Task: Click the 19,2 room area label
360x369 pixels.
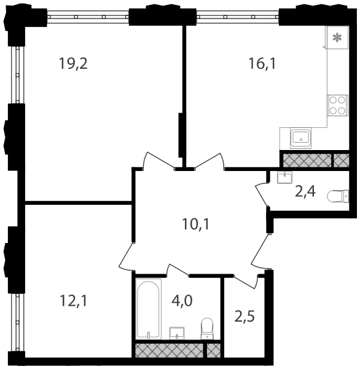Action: coord(73,63)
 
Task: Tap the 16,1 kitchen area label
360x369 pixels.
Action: coord(262,63)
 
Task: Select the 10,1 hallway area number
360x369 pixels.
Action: coord(195,224)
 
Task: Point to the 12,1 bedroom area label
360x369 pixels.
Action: coord(73,301)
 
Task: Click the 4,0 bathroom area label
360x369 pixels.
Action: coord(182,301)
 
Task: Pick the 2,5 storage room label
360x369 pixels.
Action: coord(245,316)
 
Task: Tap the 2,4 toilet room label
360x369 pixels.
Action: coord(305,191)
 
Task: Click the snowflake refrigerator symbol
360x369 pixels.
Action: coord(337,38)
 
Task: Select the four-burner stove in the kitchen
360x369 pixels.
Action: coord(337,105)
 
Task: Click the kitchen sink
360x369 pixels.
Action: coord(300,138)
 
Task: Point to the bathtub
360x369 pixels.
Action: coord(149,309)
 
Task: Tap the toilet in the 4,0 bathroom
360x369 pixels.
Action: coord(207,329)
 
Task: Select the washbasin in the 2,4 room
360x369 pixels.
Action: coord(284,177)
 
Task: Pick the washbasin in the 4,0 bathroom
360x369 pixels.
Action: coord(177,333)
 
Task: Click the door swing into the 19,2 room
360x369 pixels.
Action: coord(158,160)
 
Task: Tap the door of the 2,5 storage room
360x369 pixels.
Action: coord(245,281)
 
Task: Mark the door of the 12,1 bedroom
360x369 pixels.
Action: coord(127,256)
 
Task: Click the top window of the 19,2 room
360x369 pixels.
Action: coord(88,17)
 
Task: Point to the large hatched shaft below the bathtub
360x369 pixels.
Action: coord(169,351)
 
